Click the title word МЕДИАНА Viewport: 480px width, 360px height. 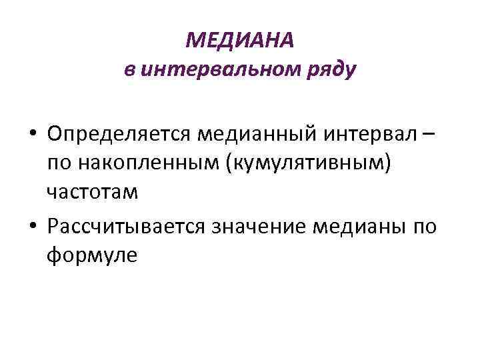tap(239, 41)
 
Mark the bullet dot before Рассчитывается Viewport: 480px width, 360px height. tap(33, 227)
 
